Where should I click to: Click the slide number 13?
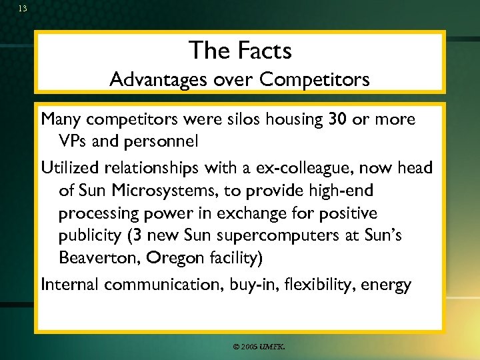coord(23,9)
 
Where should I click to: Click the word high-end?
coord(343,191)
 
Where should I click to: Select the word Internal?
coord(70,285)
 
